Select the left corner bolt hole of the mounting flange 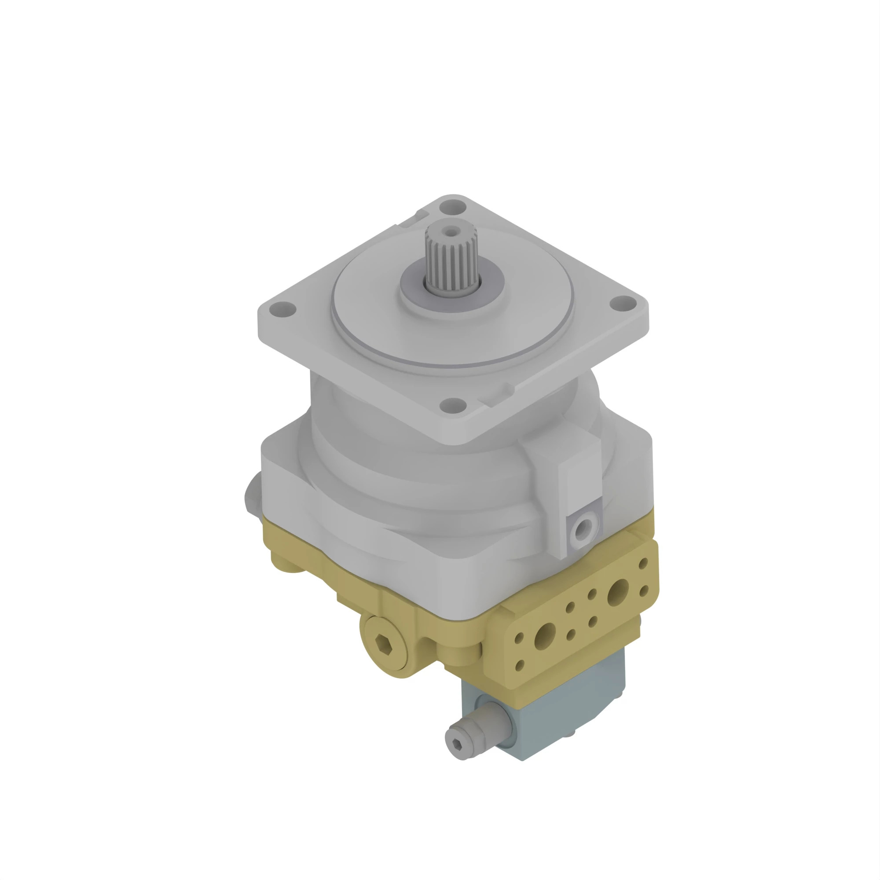282,310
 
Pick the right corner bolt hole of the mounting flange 623,302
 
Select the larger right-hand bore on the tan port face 618,593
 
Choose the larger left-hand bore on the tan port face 545,636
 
